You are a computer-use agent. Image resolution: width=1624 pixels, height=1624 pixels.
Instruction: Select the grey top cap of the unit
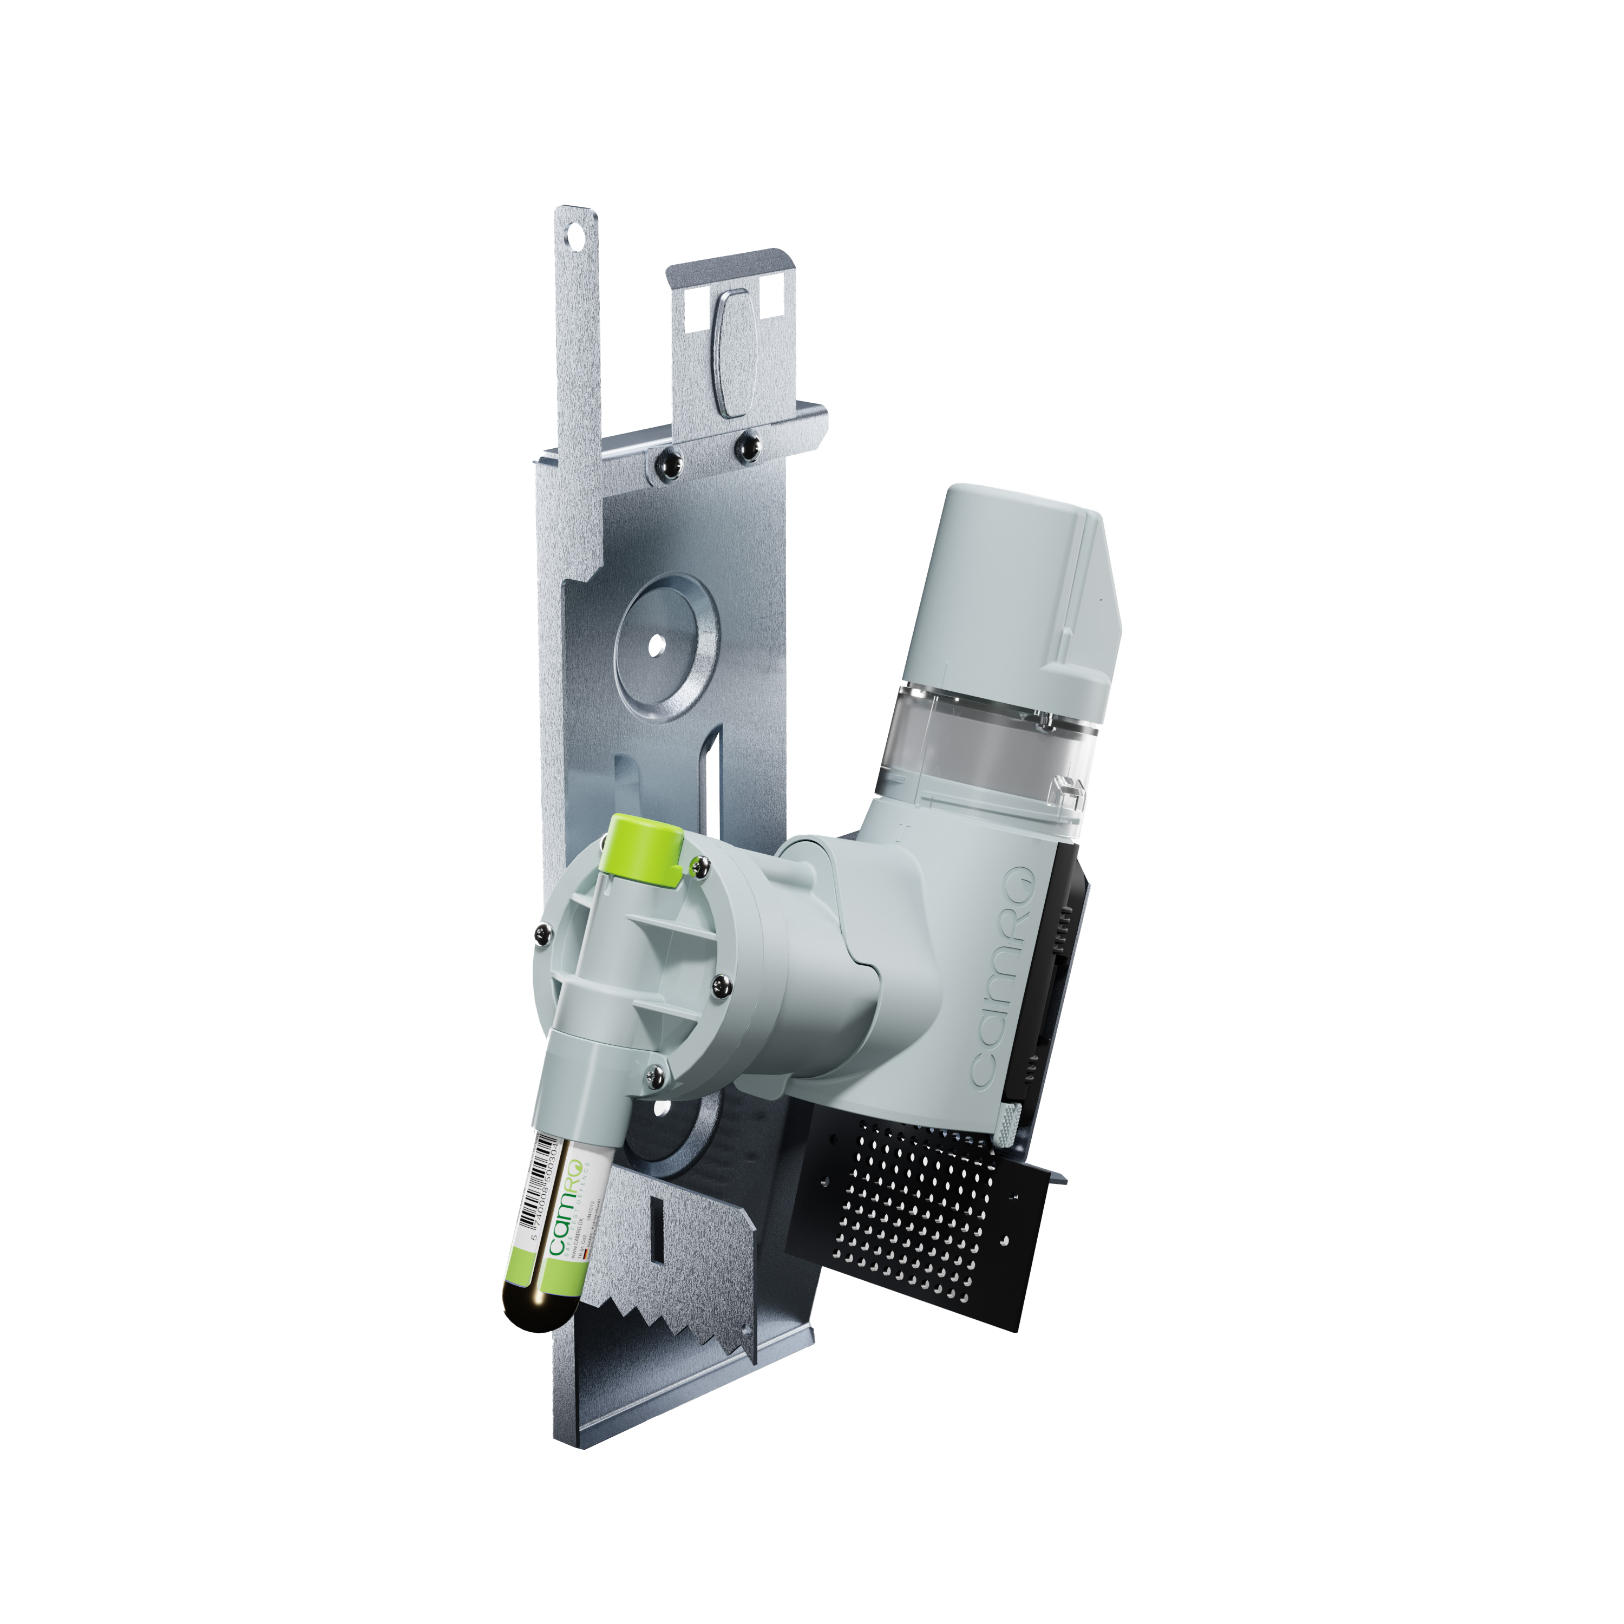coord(1009,580)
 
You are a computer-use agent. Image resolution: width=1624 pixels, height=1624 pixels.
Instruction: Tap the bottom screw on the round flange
coord(655,1072)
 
